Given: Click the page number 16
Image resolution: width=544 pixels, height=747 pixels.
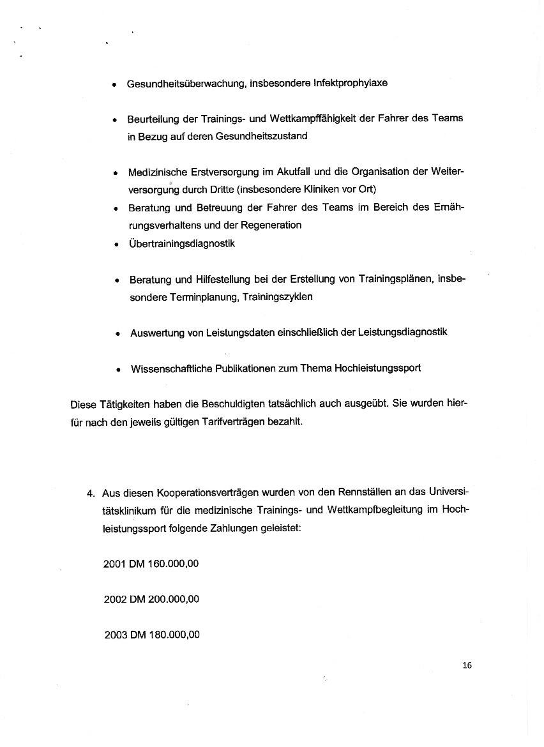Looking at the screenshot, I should [467, 665].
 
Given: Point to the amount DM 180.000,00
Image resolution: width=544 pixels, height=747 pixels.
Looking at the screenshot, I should [165, 635].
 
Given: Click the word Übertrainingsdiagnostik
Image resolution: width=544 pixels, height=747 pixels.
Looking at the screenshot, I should [182, 243].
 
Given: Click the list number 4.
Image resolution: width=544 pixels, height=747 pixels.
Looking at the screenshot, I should [90, 492].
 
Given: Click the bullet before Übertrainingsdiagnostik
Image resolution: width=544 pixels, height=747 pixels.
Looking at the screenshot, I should [116, 244].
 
